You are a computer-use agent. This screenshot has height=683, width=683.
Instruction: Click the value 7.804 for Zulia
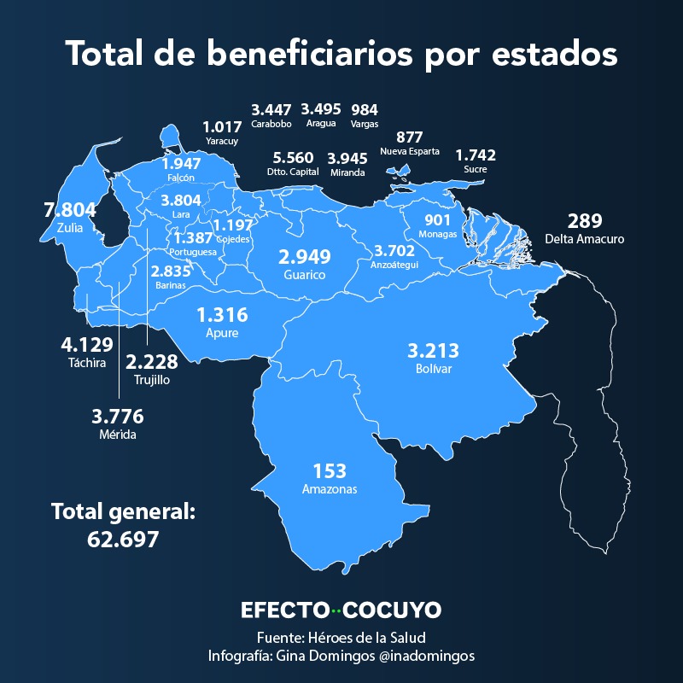point(70,210)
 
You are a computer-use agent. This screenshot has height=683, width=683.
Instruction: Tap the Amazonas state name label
point(330,489)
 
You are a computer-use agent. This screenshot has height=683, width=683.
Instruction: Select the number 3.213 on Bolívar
point(433,351)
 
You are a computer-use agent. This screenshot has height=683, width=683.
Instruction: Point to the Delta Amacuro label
point(585,239)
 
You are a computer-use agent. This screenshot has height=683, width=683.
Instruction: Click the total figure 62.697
point(123,540)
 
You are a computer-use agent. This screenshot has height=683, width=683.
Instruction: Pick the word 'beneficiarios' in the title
point(309,54)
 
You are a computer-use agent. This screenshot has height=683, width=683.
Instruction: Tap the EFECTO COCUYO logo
point(341,610)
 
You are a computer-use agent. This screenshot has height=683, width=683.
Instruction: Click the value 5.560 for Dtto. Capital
point(293,157)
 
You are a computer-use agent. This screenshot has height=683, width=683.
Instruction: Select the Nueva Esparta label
point(410,152)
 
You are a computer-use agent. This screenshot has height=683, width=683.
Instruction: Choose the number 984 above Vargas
point(365,110)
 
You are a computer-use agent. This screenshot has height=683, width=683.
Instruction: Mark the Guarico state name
point(305,275)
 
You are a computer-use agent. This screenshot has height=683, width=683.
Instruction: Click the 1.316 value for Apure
point(222,315)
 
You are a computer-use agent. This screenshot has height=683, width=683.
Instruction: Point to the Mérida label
point(118,435)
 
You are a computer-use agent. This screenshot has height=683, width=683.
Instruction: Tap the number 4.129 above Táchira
point(87,345)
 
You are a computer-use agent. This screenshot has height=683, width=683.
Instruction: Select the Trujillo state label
point(152,380)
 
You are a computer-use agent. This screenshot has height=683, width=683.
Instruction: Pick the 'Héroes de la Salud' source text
point(367,638)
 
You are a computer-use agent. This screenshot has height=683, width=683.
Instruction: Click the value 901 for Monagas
point(437,220)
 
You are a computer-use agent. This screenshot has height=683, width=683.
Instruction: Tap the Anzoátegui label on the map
point(394,265)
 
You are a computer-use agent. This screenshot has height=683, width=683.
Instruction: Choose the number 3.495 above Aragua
point(321,109)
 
